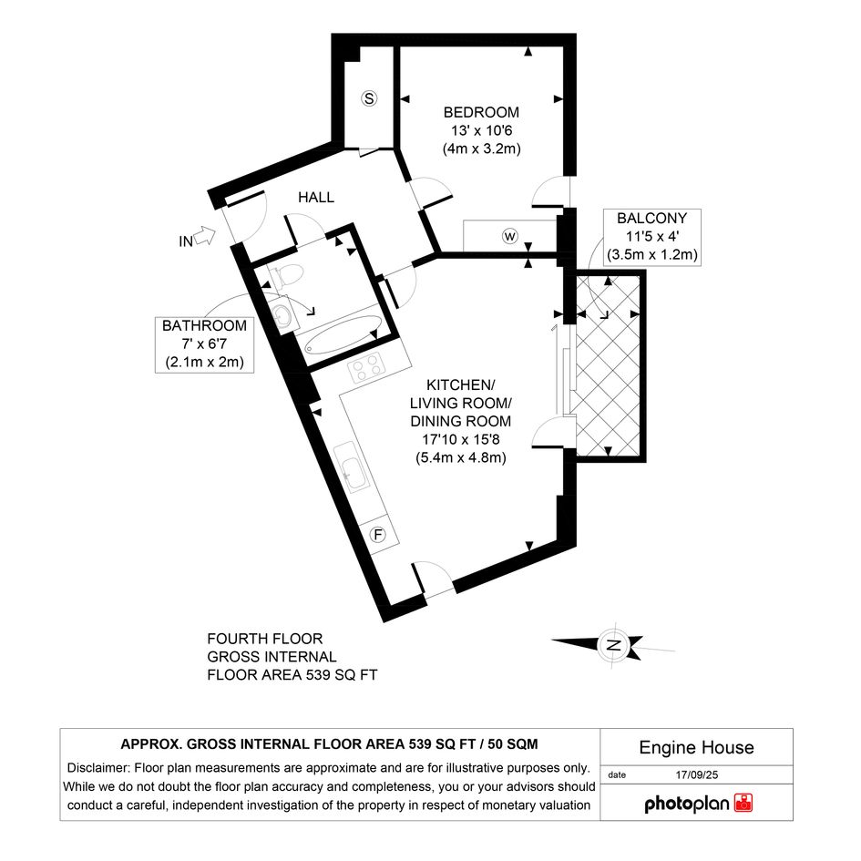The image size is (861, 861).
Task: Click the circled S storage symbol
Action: point(369,98)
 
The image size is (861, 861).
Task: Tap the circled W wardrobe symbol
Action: point(510,236)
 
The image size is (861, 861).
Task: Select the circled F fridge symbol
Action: point(378,534)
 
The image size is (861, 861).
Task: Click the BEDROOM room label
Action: point(481,112)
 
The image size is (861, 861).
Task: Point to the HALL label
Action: point(316,197)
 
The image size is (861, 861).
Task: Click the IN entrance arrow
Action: point(205,237)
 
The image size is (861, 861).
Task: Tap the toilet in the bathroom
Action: point(287,274)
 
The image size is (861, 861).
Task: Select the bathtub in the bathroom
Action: point(343,333)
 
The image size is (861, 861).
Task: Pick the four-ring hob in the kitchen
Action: point(365,367)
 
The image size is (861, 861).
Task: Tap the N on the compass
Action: point(614,645)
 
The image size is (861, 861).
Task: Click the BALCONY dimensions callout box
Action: point(651,237)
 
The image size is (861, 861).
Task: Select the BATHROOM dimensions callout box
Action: point(204,344)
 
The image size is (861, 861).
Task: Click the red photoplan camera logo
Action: point(743,803)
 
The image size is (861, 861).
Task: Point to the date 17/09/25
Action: point(697,774)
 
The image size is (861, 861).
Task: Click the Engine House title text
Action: point(696,747)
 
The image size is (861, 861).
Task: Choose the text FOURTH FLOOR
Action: point(264,639)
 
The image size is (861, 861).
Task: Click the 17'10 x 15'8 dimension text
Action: point(461,439)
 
